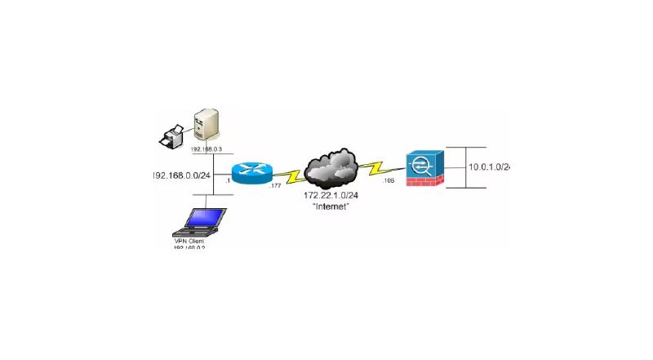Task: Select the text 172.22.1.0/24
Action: pos(331,196)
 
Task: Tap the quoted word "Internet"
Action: pos(331,207)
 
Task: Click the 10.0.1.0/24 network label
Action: pos(489,167)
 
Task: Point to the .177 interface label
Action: pos(276,187)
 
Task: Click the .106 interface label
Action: pos(388,180)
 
